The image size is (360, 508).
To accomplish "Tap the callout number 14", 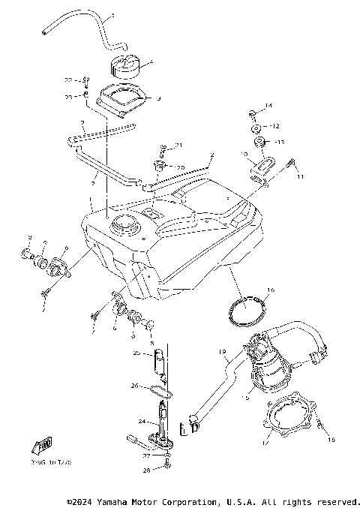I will [268, 106].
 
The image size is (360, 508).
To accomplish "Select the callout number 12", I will [275, 126].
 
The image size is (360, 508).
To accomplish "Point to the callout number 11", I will [301, 177].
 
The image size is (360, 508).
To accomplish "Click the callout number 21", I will [178, 145].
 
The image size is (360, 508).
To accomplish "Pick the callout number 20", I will [180, 167].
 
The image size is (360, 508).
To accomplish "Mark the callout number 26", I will [136, 387].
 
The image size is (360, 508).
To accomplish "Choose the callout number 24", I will [141, 422].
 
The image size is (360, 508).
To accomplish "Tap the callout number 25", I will [136, 353].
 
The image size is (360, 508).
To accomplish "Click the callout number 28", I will [147, 470].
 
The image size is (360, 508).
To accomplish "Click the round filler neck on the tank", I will [121, 224].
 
